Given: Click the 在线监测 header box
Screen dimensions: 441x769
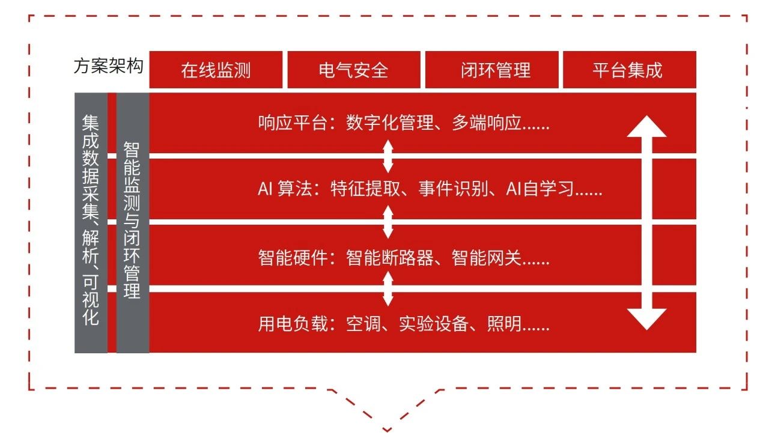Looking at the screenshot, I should (216, 70).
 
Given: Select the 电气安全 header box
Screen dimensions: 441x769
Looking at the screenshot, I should (353, 70).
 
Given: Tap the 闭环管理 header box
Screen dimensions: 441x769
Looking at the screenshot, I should (491, 70).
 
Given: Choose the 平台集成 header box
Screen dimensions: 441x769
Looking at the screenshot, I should (628, 70).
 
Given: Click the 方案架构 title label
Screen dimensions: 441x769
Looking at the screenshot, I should (109, 66).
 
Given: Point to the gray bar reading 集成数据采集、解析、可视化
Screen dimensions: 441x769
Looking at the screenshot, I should (91, 222).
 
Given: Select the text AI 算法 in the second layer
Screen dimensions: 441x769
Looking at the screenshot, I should (285, 190).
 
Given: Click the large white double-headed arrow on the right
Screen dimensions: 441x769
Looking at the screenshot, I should (646, 222).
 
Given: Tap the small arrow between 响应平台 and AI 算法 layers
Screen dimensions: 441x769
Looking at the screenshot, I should (388, 156).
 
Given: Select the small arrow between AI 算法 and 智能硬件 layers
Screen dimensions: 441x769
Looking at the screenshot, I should (388, 222).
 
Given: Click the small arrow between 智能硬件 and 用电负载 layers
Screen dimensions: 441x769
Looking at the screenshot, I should (388, 289).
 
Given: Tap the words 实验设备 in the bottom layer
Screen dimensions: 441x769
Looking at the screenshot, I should (433, 324).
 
